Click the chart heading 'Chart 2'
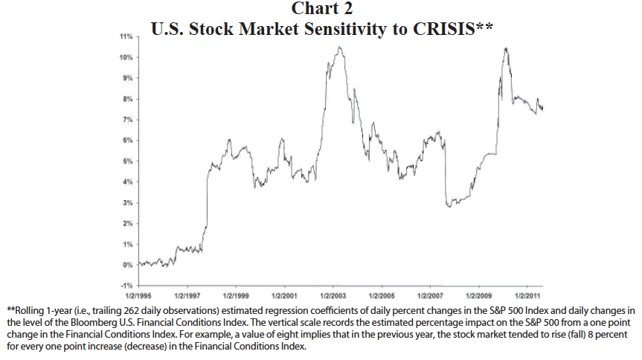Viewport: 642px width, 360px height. click(x=321, y=9)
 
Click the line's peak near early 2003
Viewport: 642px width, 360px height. click(x=340, y=48)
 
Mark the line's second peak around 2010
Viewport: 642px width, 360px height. click(x=506, y=48)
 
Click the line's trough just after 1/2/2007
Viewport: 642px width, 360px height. click(x=449, y=206)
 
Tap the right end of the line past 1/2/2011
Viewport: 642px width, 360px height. click(x=542, y=109)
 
